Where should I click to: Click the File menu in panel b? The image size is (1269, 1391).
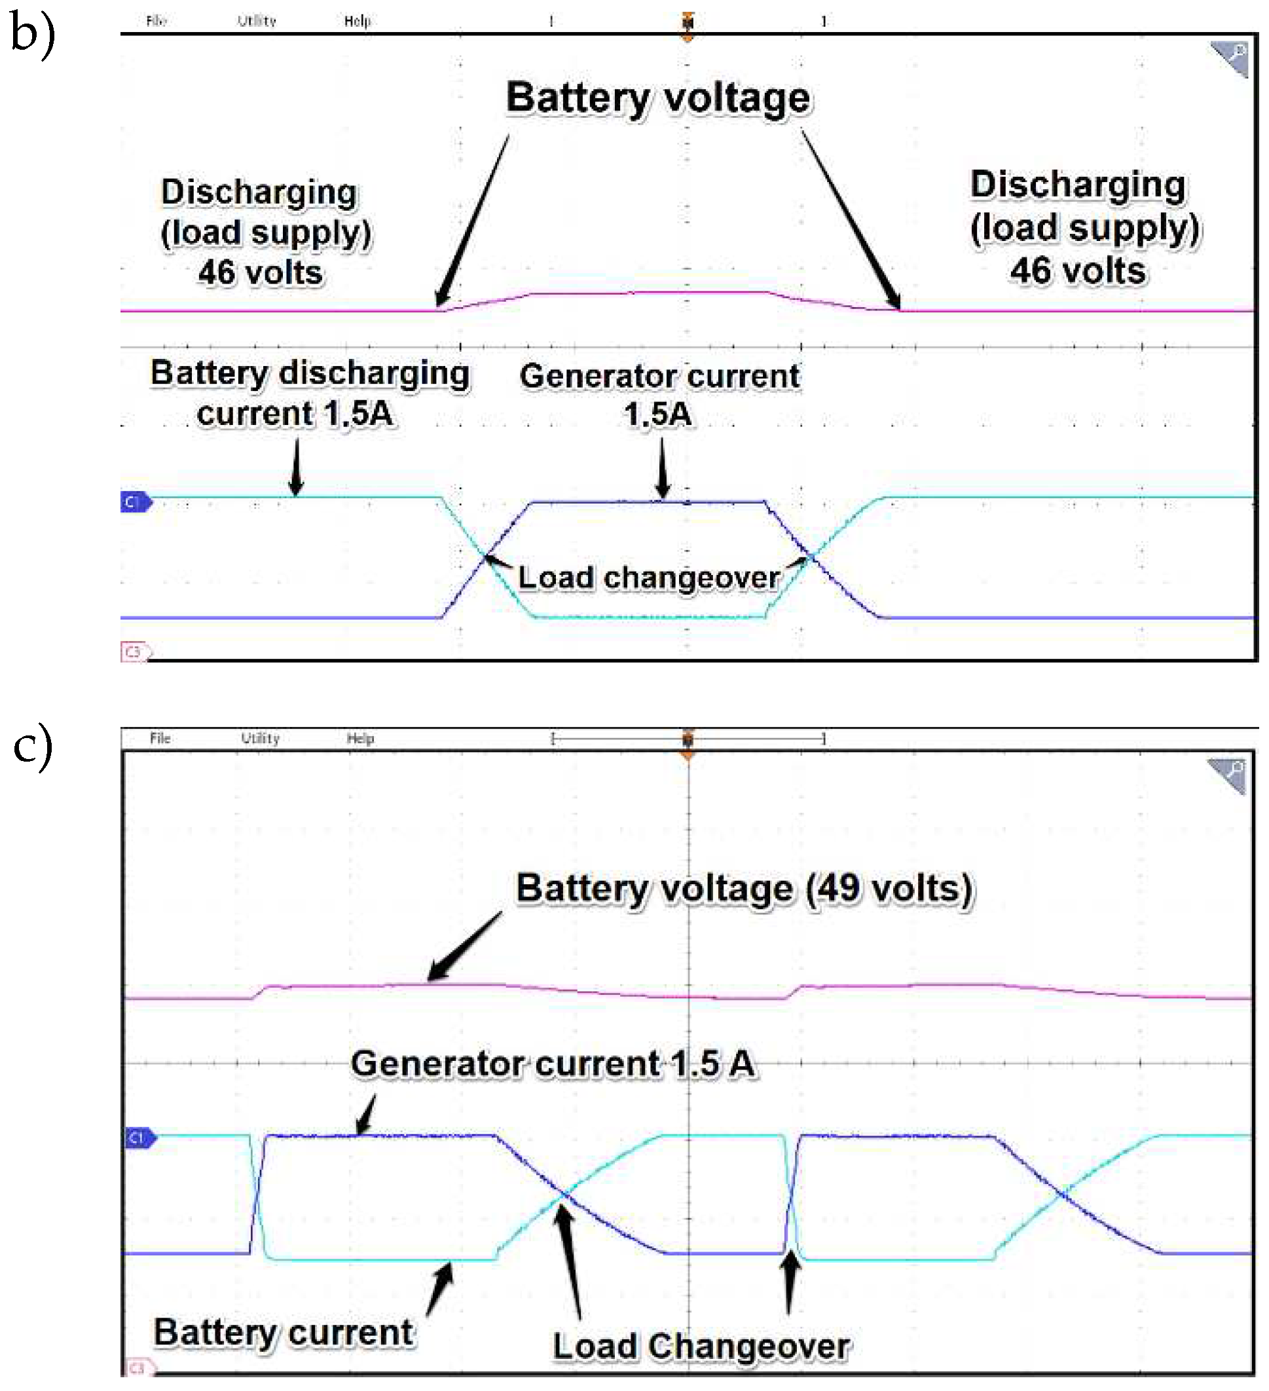156,21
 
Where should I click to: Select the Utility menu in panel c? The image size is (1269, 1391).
260,738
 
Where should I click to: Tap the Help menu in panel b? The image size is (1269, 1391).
358,21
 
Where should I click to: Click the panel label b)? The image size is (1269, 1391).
33,35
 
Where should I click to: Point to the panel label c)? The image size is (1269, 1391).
33,747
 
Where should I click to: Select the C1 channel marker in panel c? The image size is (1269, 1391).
138,1138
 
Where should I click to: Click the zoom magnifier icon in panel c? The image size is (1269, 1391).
1228,774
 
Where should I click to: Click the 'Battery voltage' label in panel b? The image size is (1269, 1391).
657,98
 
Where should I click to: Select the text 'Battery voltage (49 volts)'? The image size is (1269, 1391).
745,888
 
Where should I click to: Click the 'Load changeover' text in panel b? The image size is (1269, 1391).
649,578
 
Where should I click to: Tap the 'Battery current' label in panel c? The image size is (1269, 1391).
284,1331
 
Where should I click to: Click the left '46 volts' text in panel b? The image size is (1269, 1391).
260,272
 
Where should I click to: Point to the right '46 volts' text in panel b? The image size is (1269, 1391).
1078,270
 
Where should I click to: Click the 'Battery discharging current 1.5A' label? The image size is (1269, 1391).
309,394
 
